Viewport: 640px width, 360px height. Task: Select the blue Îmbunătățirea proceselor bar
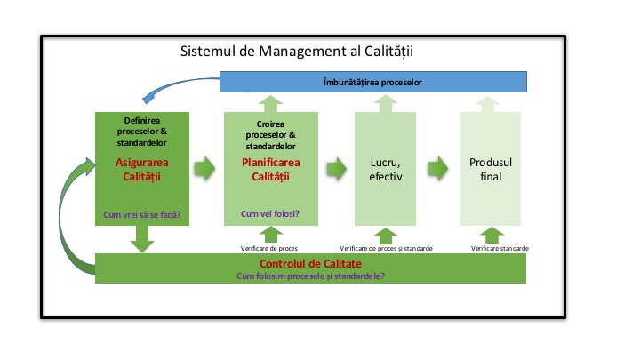pyautogui.click(x=372, y=82)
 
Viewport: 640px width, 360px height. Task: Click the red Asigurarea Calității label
pyautogui.click(x=140, y=170)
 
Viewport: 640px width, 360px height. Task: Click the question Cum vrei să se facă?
pyautogui.click(x=140, y=215)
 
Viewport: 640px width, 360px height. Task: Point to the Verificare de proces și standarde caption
pyautogui.click(x=386, y=248)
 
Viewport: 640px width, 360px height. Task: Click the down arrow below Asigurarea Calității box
pyautogui.click(x=140, y=239)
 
